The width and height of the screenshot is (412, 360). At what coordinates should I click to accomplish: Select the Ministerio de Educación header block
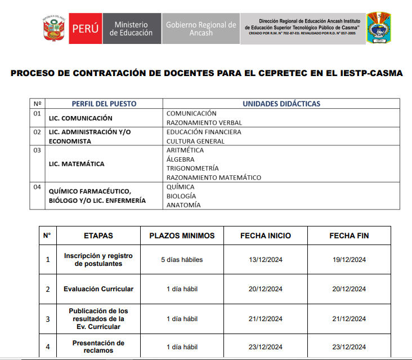coord(131,29)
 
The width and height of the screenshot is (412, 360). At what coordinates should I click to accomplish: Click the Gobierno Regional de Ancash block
coord(200,29)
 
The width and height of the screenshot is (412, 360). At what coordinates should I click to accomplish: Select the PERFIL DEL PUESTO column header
coord(104,104)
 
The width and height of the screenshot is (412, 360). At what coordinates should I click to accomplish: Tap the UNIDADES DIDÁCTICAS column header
coord(281,104)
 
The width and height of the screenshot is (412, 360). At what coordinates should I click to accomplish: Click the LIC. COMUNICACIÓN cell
coord(80,118)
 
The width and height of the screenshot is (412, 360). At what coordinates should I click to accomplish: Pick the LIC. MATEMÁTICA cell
coord(77,164)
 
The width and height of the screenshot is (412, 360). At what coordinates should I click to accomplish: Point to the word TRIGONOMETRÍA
coord(192,168)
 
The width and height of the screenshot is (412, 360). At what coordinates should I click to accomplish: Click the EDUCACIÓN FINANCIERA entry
coord(204,132)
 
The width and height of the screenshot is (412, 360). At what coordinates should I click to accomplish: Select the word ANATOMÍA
coord(183,205)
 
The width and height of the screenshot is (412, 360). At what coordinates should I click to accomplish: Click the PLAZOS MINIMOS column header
coord(182,235)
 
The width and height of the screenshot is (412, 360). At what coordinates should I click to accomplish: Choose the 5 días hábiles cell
coord(182,260)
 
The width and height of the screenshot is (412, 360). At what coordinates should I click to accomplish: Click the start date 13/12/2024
coord(266,260)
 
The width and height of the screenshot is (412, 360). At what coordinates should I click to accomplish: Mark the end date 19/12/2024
coord(349,260)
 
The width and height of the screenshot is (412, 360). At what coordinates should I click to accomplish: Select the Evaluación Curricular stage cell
coord(98,289)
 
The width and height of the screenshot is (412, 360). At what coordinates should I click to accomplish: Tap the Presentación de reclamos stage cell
coord(98,346)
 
